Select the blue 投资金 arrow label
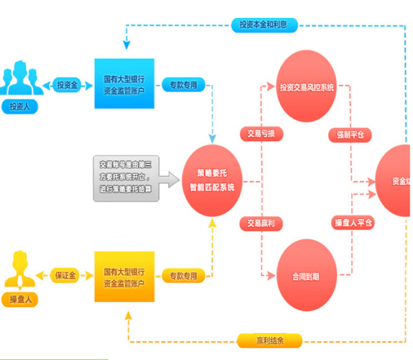coord(67,85)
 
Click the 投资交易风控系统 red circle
coord(306,87)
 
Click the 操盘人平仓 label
coord(353,222)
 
